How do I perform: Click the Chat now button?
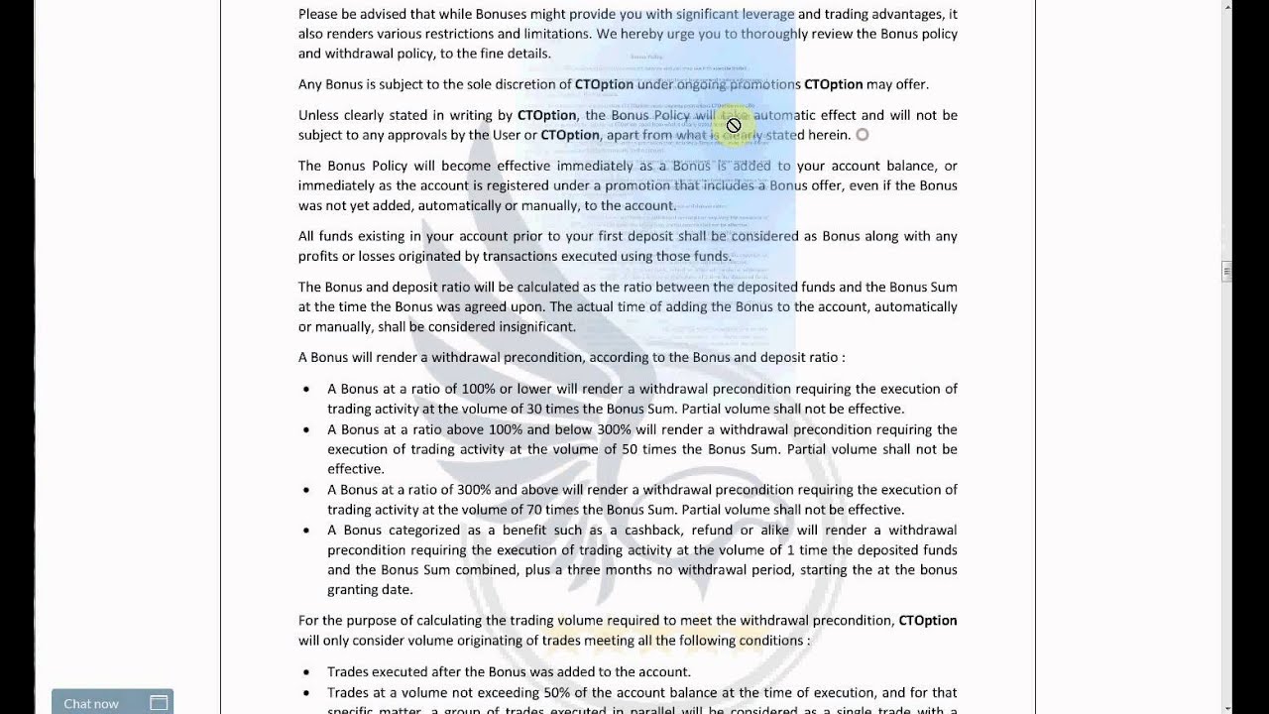point(91,703)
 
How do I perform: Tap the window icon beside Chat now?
point(159,703)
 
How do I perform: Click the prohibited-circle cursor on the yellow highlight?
point(734,125)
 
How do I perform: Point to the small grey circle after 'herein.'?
point(863,135)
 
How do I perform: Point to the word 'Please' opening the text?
point(318,14)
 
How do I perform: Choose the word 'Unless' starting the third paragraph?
point(320,115)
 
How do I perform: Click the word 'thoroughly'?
point(784,34)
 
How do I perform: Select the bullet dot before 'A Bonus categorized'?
point(306,531)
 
